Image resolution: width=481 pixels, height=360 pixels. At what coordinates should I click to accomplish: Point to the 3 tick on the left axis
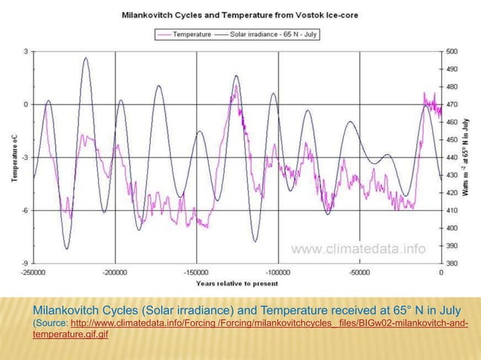[x=26, y=51]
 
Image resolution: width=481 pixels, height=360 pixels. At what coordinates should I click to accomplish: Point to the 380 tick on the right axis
[x=451, y=263]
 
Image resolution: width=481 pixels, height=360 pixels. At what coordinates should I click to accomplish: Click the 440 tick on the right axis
[x=451, y=157]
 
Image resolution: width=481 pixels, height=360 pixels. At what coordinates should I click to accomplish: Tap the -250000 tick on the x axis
[x=33, y=272]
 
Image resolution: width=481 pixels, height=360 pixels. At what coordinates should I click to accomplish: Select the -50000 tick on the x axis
[x=359, y=272]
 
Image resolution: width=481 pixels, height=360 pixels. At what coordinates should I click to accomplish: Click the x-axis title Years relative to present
[x=237, y=284]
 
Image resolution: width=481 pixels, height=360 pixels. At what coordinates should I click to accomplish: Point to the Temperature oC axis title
[x=14, y=157]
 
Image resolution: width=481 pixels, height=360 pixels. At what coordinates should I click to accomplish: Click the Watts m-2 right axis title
[x=469, y=157]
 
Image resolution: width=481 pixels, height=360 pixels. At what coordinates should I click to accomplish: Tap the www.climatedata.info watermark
[x=358, y=249]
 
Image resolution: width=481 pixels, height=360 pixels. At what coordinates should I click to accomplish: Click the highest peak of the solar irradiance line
[x=86, y=58]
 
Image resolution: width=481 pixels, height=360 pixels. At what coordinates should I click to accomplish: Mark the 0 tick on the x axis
[x=441, y=272]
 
